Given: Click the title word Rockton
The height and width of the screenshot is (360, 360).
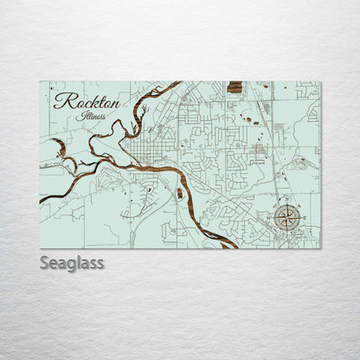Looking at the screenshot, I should pyautogui.click(x=87, y=100).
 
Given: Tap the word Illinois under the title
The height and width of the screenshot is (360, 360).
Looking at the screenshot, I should pyautogui.click(x=91, y=115).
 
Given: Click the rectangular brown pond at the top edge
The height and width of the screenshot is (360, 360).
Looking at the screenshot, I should pyautogui.click(x=235, y=87).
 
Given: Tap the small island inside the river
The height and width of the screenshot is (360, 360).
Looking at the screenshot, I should pyautogui.click(x=179, y=193).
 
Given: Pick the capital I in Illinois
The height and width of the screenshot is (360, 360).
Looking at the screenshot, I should pyautogui.click(x=79, y=115).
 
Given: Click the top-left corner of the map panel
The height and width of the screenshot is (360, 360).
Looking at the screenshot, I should pyautogui.click(x=40, y=82).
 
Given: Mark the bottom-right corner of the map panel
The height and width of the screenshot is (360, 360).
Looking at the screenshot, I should pyautogui.click(x=320, y=248).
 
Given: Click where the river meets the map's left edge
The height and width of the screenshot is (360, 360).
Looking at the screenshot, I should pyautogui.click(x=41, y=199).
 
